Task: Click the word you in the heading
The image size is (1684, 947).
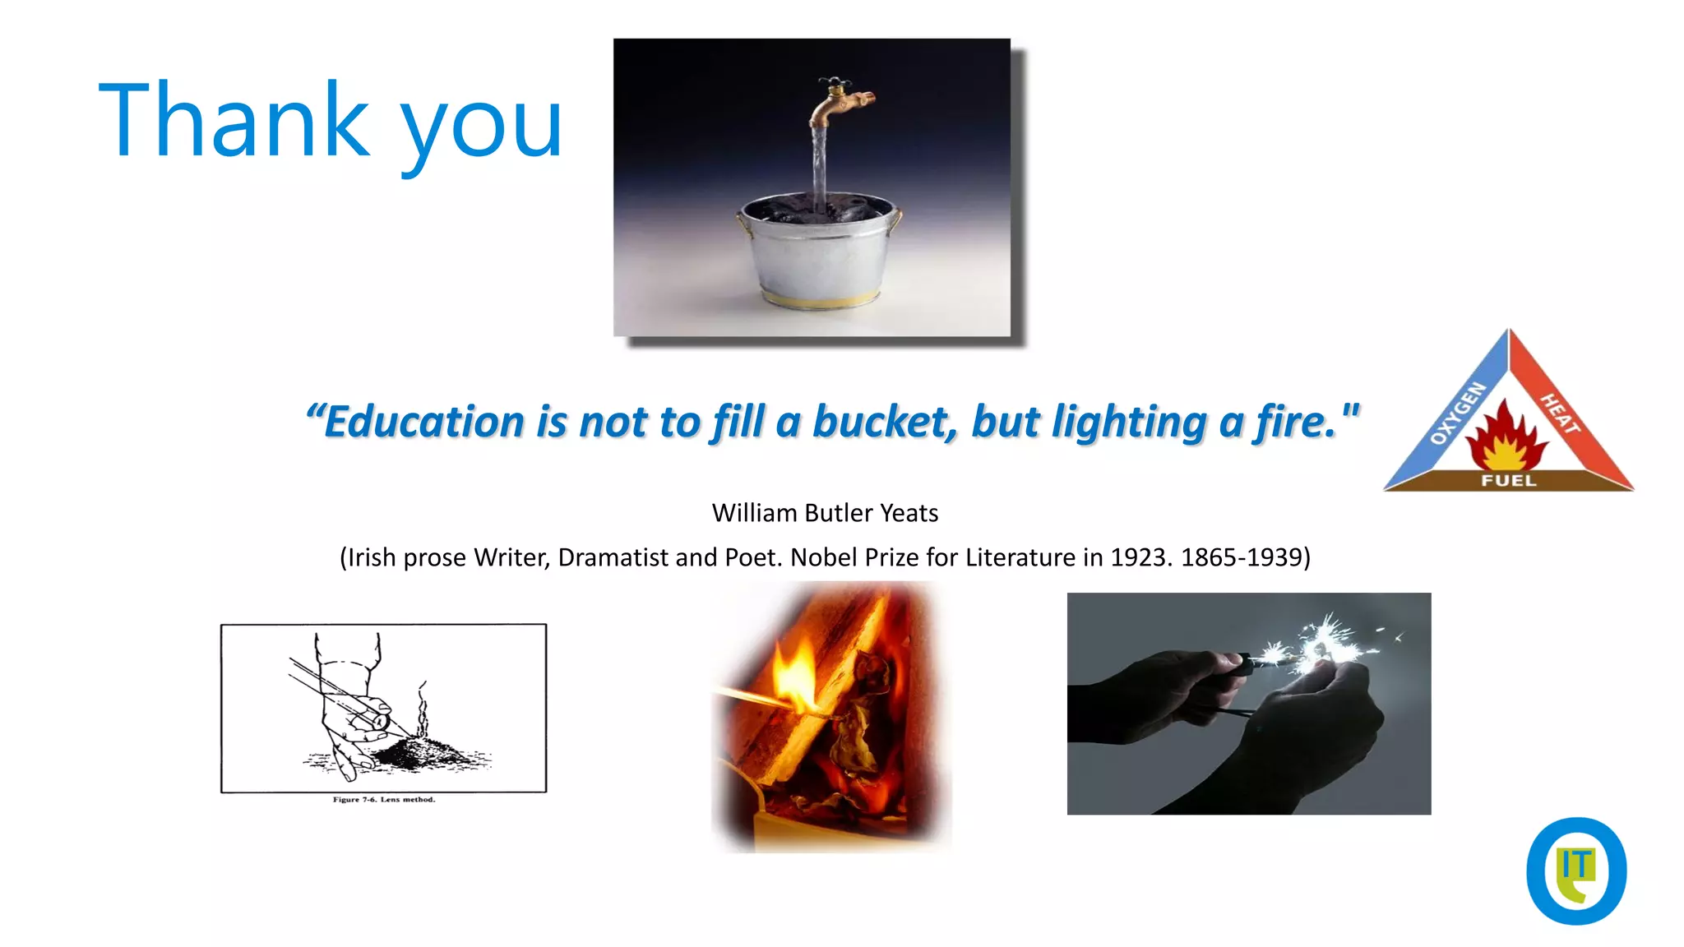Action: coord(481,127)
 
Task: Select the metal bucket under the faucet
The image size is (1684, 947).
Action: coord(819,251)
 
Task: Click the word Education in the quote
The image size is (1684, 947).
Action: coord(423,422)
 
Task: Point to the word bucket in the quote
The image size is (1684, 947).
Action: coord(885,422)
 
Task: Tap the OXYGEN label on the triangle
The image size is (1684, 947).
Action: coord(1457,413)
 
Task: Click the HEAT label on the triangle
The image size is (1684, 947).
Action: coord(1559,413)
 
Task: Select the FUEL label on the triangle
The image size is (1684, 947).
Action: coord(1509,480)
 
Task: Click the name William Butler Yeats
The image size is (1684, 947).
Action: coord(825,513)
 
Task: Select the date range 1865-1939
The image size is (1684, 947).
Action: coord(1242,557)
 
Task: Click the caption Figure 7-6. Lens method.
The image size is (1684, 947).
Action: coord(383,799)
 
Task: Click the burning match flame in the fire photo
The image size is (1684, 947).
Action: coord(793,678)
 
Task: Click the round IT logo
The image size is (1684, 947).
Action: coord(1575,871)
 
